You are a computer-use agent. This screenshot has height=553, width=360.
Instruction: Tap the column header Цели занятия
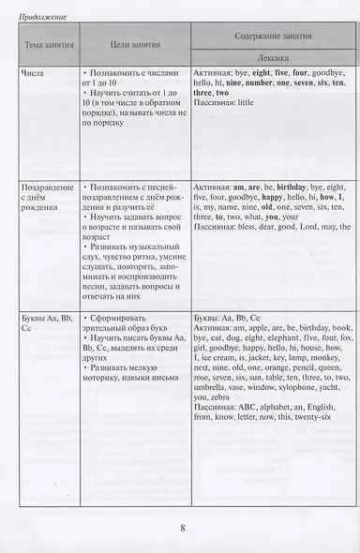point(135,43)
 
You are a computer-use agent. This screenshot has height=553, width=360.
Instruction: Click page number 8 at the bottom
point(182,527)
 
